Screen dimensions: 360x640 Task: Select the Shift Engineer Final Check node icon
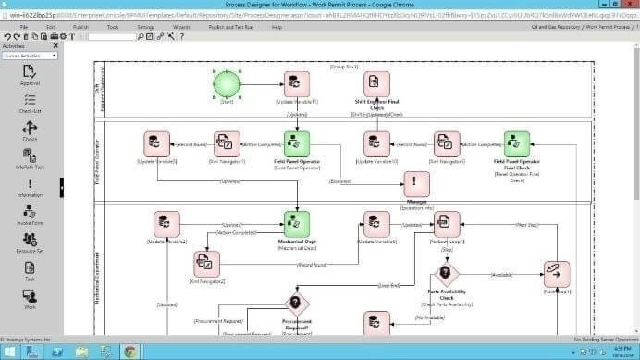(376, 85)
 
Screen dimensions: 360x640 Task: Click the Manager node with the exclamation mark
(416, 183)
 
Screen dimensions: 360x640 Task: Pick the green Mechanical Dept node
(296, 224)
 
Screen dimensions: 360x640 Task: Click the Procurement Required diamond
(296, 302)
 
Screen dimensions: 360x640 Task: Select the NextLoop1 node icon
(557, 274)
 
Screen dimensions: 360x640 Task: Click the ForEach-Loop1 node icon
(448, 224)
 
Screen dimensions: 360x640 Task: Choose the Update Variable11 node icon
(296, 85)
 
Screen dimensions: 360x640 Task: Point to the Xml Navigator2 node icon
(205, 264)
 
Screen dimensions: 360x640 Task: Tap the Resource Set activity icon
(30, 242)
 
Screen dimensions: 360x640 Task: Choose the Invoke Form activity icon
(30, 214)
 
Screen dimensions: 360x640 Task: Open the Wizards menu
(181, 28)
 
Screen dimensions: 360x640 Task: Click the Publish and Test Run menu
(230, 28)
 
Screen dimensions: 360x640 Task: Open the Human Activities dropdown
(30, 56)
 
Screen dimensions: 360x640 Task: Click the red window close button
(625, 6)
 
